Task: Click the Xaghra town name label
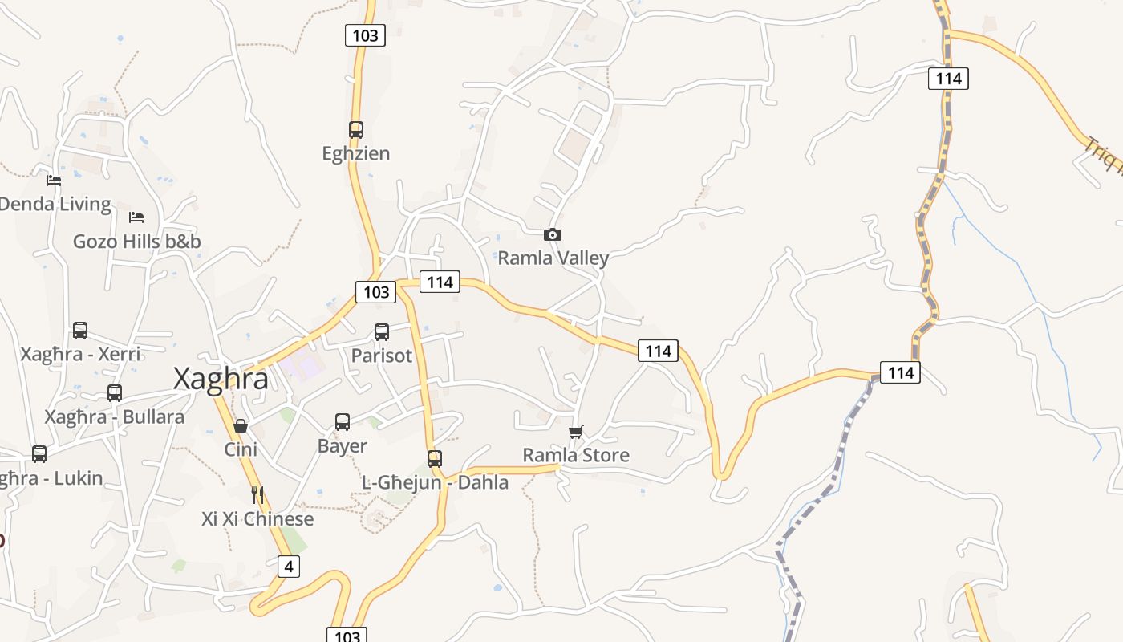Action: point(221,378)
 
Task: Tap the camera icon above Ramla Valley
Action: point(552,234)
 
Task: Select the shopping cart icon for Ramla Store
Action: point(575,432)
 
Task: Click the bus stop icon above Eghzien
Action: point(355,129)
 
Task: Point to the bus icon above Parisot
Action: point(382,331)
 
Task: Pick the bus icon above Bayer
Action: point(343,421)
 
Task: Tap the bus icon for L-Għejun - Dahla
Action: point(434,458)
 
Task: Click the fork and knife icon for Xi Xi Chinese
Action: point(257,494)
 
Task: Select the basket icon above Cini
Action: point(240,425)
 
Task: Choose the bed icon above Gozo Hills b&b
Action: point(136,217)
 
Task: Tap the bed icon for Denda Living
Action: point(54,180)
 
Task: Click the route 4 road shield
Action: point(288,567)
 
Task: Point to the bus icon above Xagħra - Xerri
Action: point(80,330)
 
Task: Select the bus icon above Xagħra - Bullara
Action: point(115,392)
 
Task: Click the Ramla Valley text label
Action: point(553,258)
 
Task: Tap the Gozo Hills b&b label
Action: point(137,242)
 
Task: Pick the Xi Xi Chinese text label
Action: point(257,519)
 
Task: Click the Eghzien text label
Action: point(356,153)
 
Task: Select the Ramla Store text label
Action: point(576,456)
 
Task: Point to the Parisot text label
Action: point(382,356)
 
